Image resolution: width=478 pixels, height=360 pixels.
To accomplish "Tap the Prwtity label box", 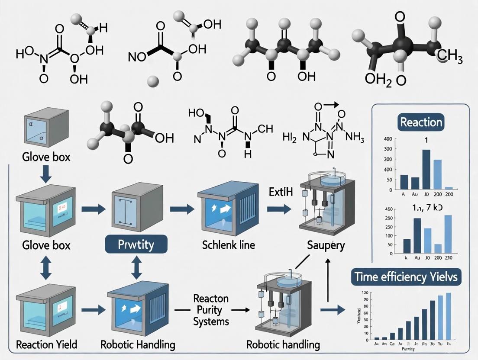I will [136, 245].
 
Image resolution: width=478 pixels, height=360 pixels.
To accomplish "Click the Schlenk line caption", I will [228, 245].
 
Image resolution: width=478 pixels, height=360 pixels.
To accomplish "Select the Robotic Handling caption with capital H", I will [138, 344].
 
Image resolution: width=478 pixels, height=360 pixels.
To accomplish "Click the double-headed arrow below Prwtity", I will [136, 269].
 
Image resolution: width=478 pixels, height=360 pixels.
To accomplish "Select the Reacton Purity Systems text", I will [212, 310].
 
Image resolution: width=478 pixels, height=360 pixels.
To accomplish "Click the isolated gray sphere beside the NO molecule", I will [152, 80].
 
